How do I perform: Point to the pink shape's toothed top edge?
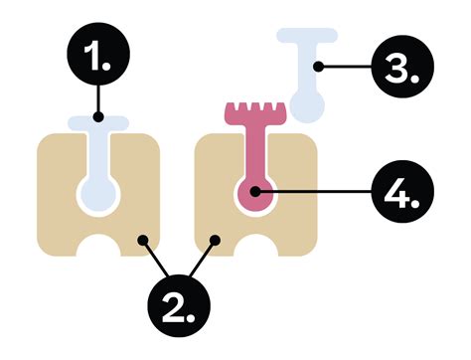(255, 109)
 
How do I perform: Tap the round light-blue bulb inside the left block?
(96, 191)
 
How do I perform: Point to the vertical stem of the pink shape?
(255, 149)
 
